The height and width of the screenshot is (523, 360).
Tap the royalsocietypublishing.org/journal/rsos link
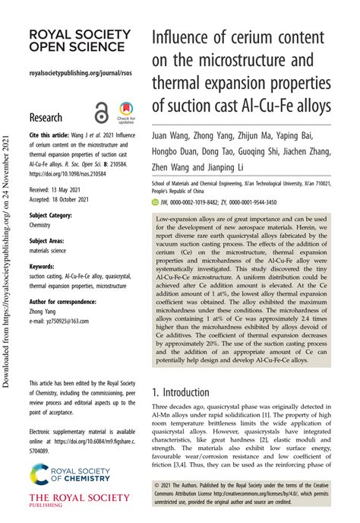[x=74, y=74]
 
